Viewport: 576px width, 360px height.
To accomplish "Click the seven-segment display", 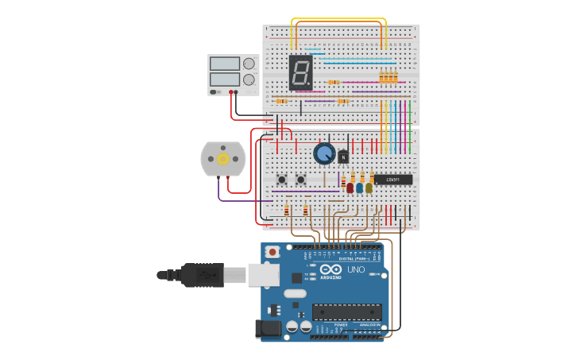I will [300, 72].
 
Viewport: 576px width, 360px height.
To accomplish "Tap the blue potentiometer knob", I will [323, 153].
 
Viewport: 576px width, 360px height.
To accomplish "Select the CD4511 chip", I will [392, 180].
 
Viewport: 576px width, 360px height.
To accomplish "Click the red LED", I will [350, 188].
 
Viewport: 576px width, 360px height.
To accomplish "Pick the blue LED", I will [360, 188].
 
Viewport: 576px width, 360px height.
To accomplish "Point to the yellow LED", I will [369, 188].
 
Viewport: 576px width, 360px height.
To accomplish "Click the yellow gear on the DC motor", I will [223, 159].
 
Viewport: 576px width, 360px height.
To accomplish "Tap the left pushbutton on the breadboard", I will [281, 180].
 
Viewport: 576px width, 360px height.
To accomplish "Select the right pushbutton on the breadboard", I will [300, 180].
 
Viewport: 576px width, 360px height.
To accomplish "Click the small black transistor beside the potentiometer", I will [343, 157].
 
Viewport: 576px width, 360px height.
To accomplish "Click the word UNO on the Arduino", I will [356, 269].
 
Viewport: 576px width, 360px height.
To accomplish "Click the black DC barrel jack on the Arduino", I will [268, 328].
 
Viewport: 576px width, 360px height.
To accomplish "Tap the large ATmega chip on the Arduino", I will [346, 312].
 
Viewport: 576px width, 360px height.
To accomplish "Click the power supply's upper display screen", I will [225, 64].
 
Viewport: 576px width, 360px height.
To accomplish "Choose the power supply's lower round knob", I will [249, 79].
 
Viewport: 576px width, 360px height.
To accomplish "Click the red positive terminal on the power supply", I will [231, 92].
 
